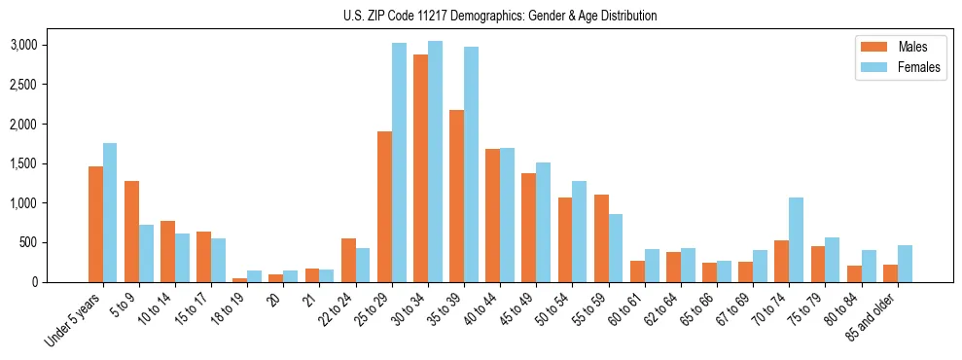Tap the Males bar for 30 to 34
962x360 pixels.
pyautogui.click(x=420, y=168)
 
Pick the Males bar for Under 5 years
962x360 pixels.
pyautogui.click(x=95, y=224)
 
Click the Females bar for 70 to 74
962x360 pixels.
pyautogui.click(x=796, y=239)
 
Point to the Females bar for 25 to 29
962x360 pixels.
pyautogui.click(x=399, y=162)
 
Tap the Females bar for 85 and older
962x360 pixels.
pyautogui.click(x=905, y=264)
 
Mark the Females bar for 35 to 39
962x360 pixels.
pyautogui.click(x=471, y=164)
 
